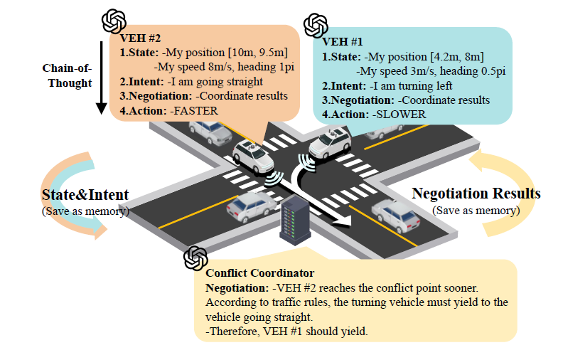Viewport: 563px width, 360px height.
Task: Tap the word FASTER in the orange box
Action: [x=195, y=110]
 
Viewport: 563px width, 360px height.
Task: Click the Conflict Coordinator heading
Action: [x=259, y=273]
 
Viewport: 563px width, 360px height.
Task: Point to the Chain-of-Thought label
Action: [x=65, y=76]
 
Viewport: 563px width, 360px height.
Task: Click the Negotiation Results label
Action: [x=476, y=194]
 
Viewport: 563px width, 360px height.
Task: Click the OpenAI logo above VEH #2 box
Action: [x=114, y=21]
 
